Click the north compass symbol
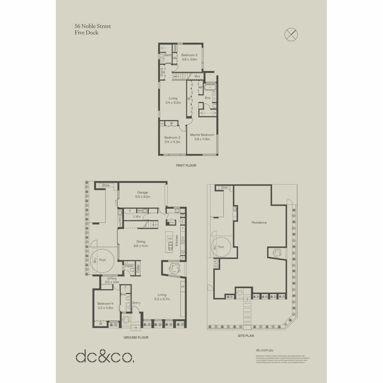point(291,34)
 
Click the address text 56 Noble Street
point(92,26)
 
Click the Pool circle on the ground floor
point(102,260)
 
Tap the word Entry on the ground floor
point(136,303)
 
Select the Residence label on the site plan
point(259,223)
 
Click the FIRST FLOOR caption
point(186,166)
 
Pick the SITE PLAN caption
point(246,335)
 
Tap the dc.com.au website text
point(264,350)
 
